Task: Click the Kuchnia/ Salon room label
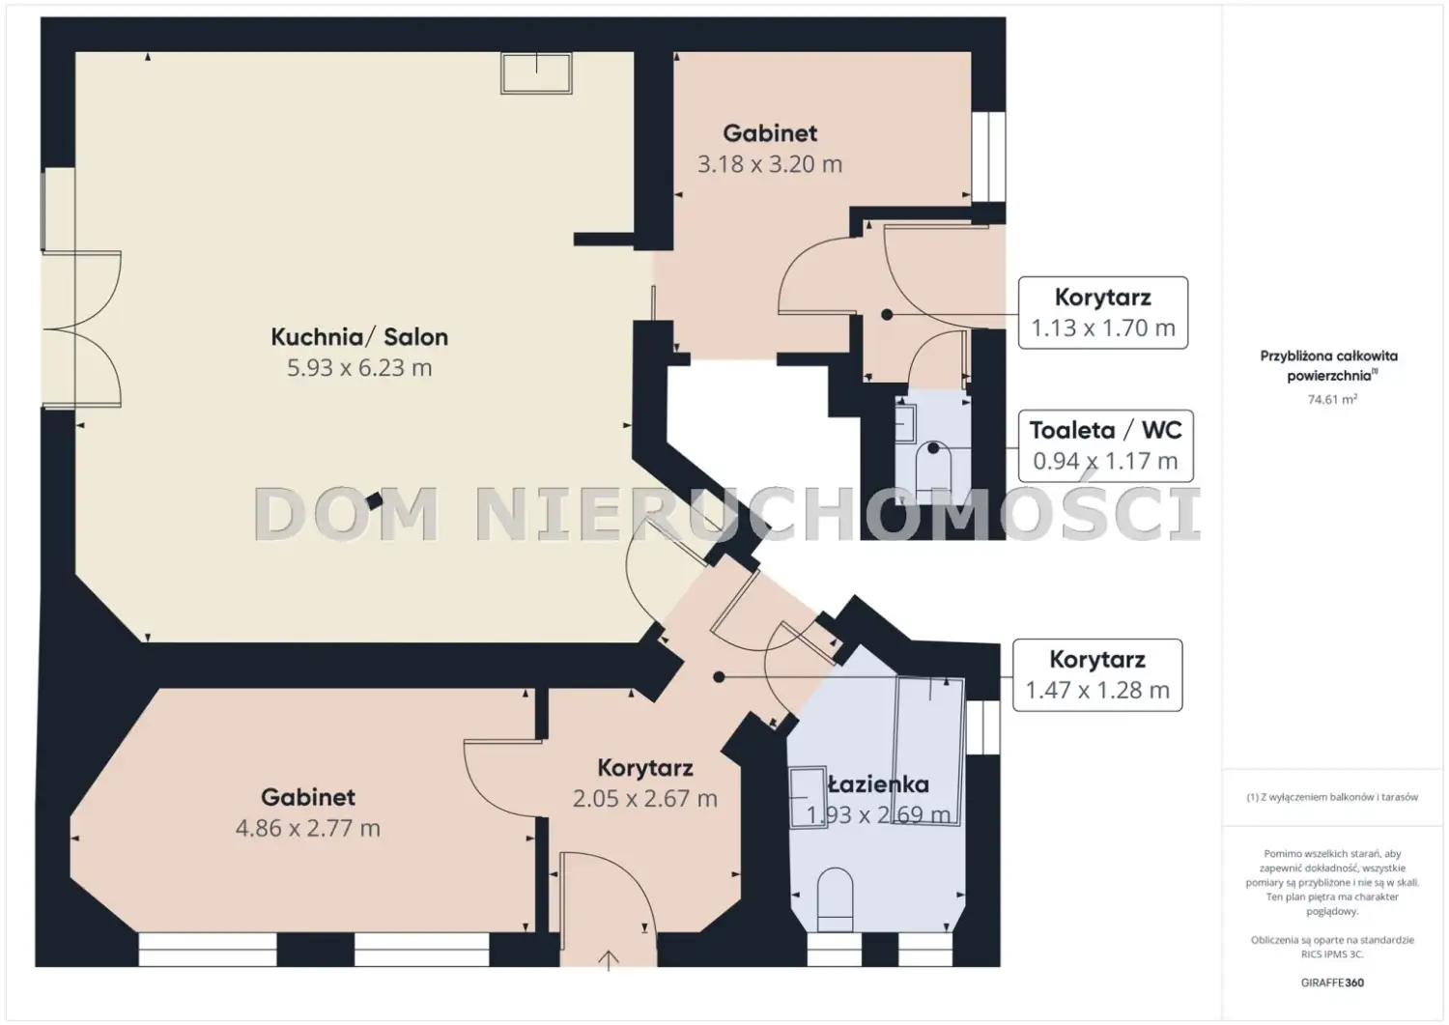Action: click(x=359, y=337)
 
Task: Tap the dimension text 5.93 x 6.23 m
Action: click(x=359, y=367)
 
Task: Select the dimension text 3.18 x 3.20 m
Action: click(x=770, y=164)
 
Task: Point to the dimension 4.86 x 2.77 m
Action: click(x=308, y=828)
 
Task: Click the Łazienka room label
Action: click(x=878, y=784)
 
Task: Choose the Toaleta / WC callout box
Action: click(x=1105, y=446)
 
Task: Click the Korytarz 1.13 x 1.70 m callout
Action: click(x=1103, y=313)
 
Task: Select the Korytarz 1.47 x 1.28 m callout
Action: click(x=1097, y=675)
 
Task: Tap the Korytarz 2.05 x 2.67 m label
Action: click(x=645, y=783)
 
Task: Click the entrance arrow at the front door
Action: click(x=608, y=960)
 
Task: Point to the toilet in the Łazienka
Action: click(x=836, y=899)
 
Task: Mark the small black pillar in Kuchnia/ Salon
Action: click(x=374, y=500)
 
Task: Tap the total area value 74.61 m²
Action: click(x=1332, y=399)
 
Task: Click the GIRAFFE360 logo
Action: click(x=1332, y=982)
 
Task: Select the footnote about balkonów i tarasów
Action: click(x=1332, y=797)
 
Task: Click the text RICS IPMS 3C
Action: click(x=1332, y=954)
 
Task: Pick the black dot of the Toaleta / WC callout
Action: click(x=933, y=448)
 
